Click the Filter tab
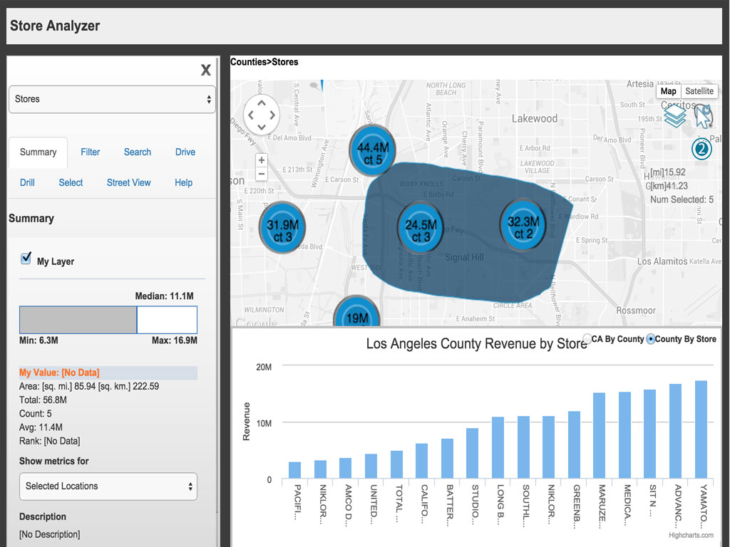[x=90, y=152]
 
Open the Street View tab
[x=128, y=182]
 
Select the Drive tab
[x=185, y=152]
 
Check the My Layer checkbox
[x=26, y=259]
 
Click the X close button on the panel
[x=206, y=70]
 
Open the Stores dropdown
[x=112, y=99]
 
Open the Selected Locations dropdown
[x=108, y=486]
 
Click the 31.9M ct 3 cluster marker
[x=282, y=227]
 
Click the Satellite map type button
[x=699, y=91]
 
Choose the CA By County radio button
[x=587, y=339]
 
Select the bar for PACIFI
[x=295, y=470]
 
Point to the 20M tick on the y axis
[x=264, y=367]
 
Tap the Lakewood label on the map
[x=535, y=118]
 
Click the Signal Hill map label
[x=464, y=257]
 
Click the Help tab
[x=183, y=182]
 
